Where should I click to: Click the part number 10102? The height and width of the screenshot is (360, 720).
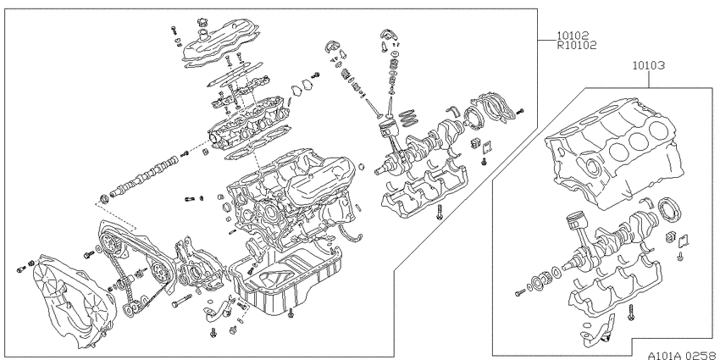(x=573, y=36)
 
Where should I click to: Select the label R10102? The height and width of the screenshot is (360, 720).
(x=577, y=45)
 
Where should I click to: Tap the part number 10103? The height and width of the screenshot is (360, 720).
(x=648, y=66)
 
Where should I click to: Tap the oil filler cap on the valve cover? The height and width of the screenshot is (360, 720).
(x=202, y=22)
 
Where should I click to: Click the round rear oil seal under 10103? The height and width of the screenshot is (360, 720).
(x=668, y=208)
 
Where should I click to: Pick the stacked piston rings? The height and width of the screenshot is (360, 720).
(x=407, y=118)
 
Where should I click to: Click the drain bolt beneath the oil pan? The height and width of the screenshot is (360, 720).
(x=291, y=314)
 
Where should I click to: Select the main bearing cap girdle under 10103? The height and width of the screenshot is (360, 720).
(x=615, y=287)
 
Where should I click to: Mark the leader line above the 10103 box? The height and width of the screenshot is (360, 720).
(x=648, y=80)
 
